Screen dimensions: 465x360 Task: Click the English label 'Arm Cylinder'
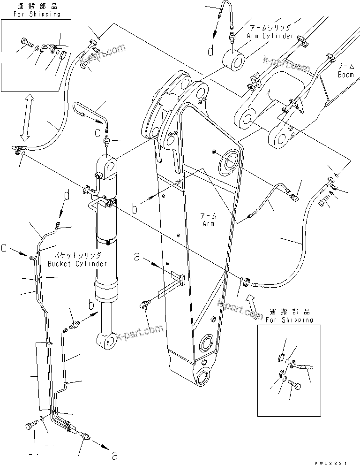tap(271, 36)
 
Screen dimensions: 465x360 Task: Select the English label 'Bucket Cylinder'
tap(77, 263)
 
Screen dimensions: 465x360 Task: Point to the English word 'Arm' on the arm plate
tap(209, 224)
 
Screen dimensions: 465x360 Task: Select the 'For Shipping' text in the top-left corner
tap(31, 14)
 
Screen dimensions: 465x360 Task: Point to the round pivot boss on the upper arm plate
tap(231, 162)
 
